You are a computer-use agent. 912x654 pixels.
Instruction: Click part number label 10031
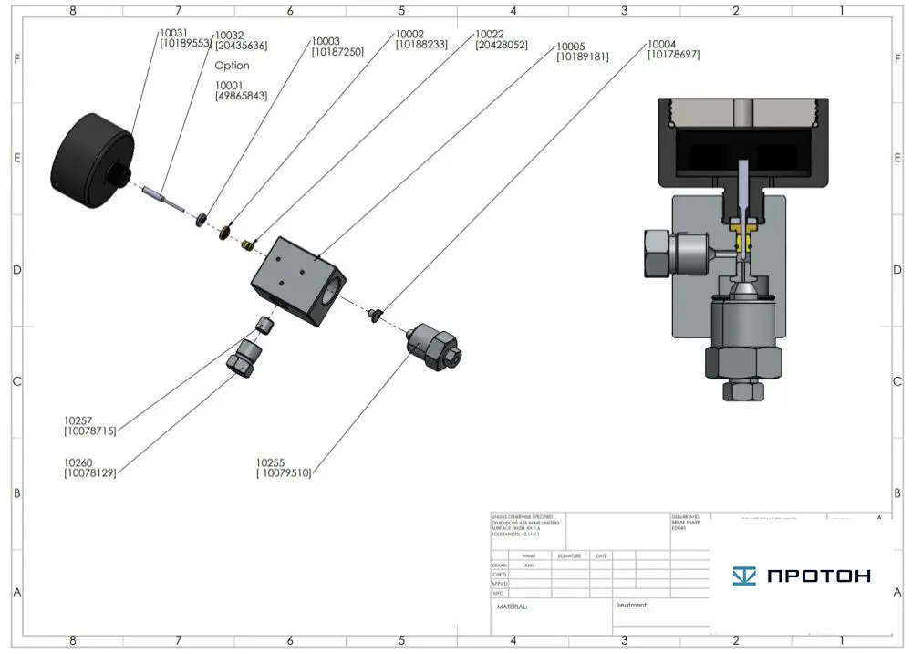point(172,37)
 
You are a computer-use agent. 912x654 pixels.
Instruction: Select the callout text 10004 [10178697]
point(673,49)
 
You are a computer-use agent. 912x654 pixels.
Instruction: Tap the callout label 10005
point(582,51)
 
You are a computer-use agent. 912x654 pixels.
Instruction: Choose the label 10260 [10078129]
point(90,467)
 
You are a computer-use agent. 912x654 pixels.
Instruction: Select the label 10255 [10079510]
point(284,467)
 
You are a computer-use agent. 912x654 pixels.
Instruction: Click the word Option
point(232,66)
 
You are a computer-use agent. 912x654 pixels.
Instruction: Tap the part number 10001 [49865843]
point(241,90)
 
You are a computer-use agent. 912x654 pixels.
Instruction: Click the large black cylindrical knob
point(92,157)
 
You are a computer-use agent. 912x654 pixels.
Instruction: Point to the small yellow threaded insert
point(245,244)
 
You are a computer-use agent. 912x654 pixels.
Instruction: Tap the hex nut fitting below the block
point(243,358)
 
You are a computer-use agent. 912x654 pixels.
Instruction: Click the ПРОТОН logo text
point(802,576)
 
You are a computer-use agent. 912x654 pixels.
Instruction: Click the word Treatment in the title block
point(631,605)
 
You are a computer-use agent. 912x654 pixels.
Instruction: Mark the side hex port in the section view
point(659,254)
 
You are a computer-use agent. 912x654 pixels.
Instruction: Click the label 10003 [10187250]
point(337,47)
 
